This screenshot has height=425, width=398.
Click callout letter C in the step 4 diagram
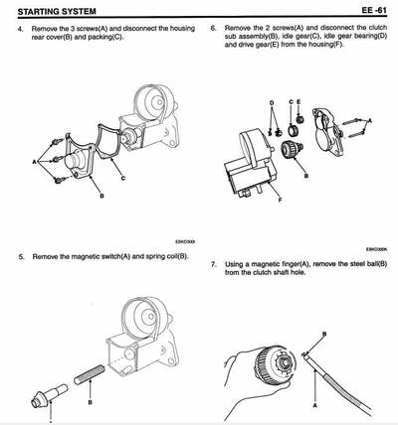(121, 179)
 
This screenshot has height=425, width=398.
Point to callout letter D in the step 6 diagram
(270, 102)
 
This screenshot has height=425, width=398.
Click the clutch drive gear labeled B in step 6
(292, 154)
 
